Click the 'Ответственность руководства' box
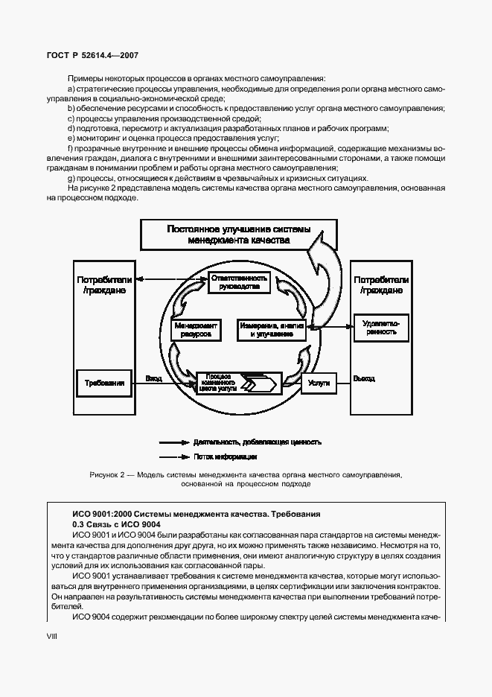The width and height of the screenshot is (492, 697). (x=235, y=281)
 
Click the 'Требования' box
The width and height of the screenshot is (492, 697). (x=104, y=382)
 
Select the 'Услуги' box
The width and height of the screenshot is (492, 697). (x=319, y=382)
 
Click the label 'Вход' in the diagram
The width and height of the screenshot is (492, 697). (x=153, y=378)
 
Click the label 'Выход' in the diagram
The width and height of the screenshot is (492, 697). (x=364, y=378)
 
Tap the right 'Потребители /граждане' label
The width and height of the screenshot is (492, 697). (x=381, y=285)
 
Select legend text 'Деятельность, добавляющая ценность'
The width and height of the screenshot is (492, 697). (x=257, y=442)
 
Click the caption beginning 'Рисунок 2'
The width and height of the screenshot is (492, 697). (x=246, y=479)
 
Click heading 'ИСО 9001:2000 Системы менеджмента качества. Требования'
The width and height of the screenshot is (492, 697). (x=197, y=514)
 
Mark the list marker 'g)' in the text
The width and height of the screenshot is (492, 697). (x=71, y=178)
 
